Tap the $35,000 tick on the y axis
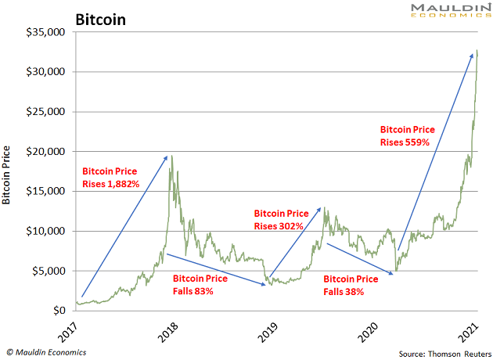(x=45, y=32)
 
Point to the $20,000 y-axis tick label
(x=45, y=152)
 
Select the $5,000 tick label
(x=49, y=271)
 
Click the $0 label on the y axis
(x=58, y=311)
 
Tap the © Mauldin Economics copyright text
(x=47, y=352)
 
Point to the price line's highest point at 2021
(x=477, y=51)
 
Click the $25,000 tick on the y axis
(x=45, y=112)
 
